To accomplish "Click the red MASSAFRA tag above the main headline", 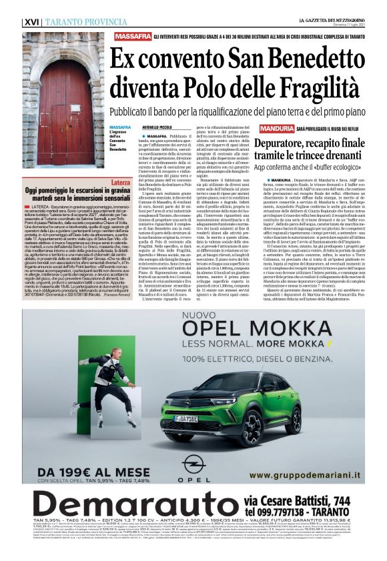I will coord(132,37).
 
